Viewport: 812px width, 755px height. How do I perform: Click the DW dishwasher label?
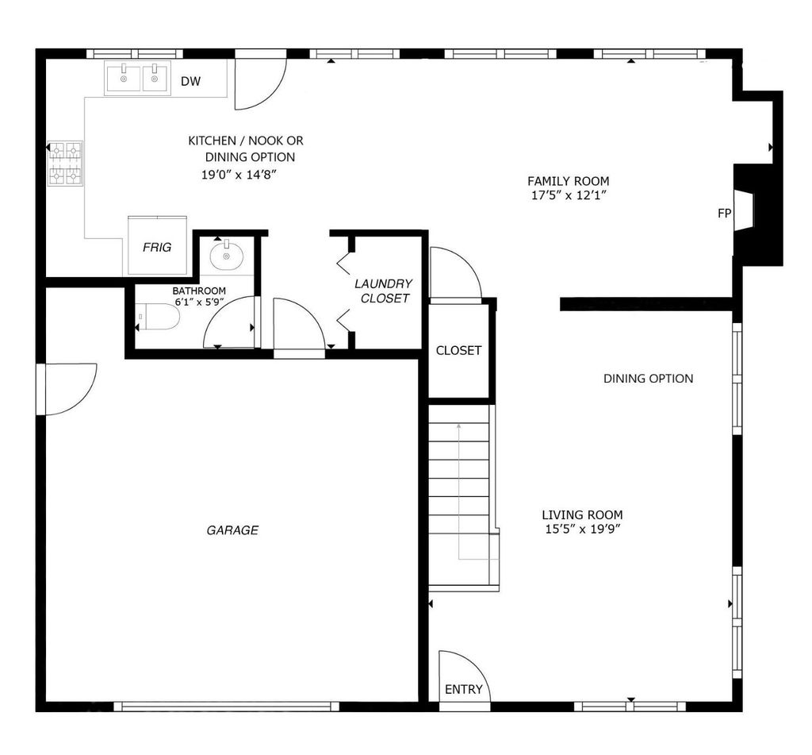190,81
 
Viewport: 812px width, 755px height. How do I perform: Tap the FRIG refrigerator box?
158,245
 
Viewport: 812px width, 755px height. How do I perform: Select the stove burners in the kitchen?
65,164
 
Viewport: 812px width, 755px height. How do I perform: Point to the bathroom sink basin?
226,255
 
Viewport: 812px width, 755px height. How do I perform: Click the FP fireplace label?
725,213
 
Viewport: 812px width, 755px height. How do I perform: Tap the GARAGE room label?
232,530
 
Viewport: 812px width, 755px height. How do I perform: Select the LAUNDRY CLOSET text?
385,291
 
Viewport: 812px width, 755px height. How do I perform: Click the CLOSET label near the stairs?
459,351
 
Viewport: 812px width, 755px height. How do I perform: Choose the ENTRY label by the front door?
463,689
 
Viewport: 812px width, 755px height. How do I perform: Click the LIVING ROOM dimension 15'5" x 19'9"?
583,530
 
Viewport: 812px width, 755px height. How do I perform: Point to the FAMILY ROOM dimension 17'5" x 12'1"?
569,195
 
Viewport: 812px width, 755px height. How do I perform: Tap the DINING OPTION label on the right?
649,379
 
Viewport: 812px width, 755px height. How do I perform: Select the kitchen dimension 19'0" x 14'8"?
239,175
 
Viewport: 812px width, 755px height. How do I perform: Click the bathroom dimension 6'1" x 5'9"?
199,301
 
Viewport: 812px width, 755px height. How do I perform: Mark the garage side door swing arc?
82,399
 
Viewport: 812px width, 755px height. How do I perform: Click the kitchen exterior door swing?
271,94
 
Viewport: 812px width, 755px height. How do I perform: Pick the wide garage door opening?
226,706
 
